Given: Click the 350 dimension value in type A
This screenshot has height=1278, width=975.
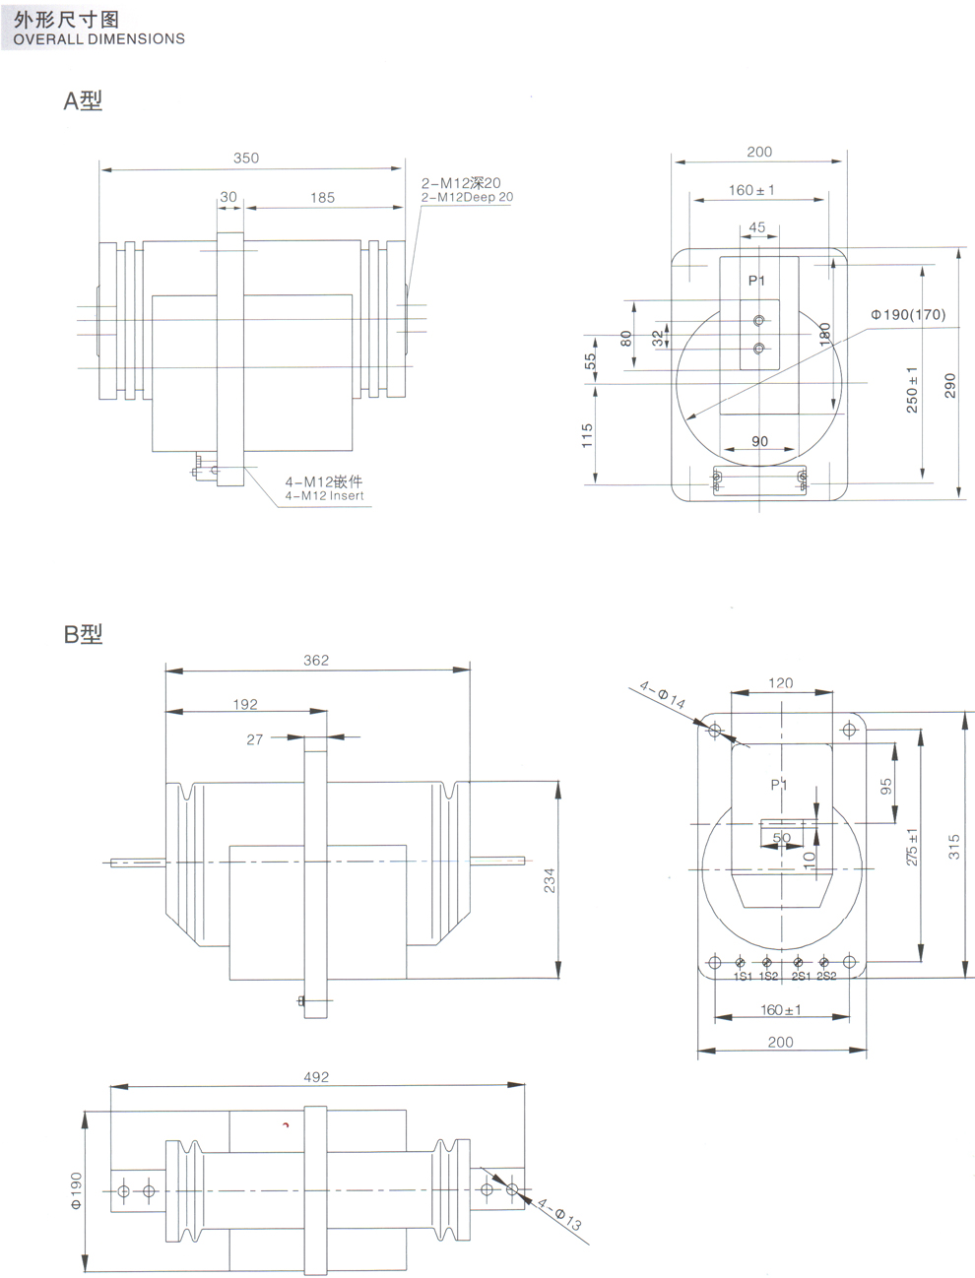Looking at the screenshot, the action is tap(246, 158).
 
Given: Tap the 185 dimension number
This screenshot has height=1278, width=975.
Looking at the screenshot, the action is tap(322, 198).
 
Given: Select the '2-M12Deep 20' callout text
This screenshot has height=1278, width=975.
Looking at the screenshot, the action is tap(467, 197).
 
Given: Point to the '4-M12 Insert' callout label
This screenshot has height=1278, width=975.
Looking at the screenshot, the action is tap(324, 496).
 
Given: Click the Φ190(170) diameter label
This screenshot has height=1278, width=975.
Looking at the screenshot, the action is tap(908, 315).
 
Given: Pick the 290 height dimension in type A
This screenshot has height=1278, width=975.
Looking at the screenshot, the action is tap(950, 385).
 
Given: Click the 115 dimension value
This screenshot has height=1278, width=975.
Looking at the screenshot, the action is tap(587, 435).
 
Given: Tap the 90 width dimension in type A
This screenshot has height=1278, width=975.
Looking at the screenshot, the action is tap(759, 441).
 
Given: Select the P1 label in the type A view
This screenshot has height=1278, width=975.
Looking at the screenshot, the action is tap(756, 281).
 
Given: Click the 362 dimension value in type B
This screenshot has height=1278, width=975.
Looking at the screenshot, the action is tap(316, 661).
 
